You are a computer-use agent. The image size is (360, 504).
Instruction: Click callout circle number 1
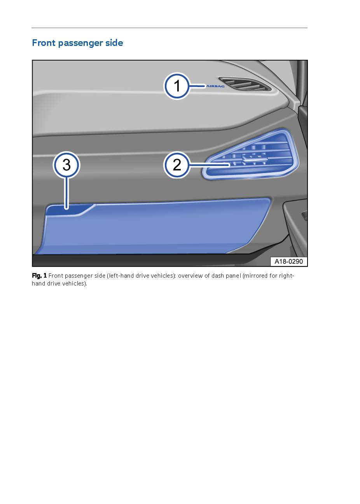point(177,86)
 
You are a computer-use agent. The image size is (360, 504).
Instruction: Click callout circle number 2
point(177,165)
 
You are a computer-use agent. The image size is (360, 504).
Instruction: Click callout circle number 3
point(66,165)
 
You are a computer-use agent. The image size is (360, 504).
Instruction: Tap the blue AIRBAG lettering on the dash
point(215,86)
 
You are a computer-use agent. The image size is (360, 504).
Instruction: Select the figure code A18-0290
point(288,262)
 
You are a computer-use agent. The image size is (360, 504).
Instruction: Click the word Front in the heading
point(44,43)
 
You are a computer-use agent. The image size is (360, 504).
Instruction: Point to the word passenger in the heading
point(80,43)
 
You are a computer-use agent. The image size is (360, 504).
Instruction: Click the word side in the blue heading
point(114,43)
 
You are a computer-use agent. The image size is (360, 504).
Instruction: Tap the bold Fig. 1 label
point(39,276)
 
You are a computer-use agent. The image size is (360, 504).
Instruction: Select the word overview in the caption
point(190,276)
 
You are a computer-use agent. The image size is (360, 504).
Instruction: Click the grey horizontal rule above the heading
point(169,28)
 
